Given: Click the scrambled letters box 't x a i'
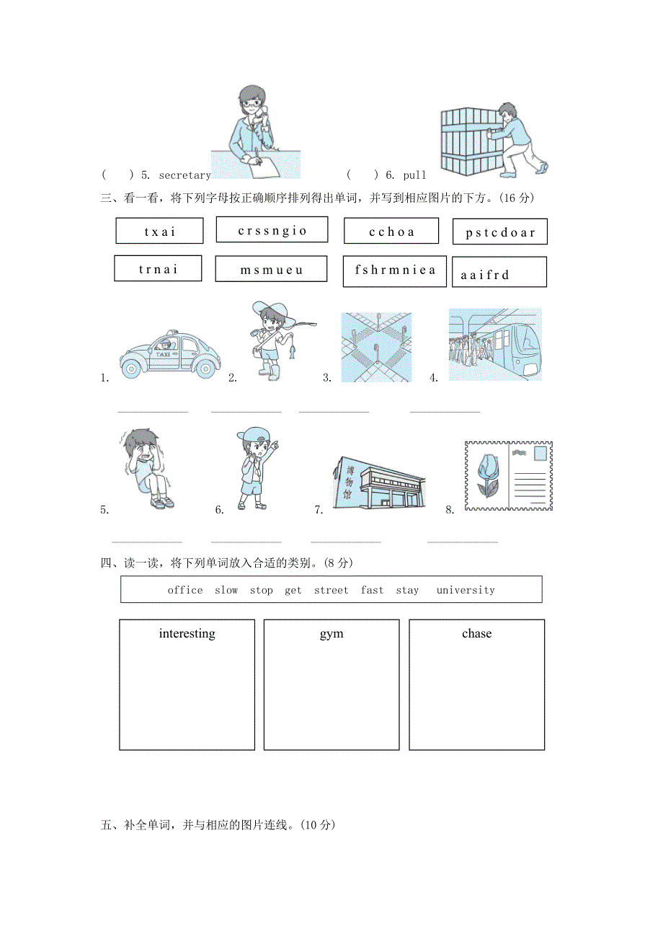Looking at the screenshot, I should click(x=159, y=232).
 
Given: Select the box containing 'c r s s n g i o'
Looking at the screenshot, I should click(x=272, y=230).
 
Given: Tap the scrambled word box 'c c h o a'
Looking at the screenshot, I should click(x=391, y=232).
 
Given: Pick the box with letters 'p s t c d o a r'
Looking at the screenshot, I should click(x=499, y=232).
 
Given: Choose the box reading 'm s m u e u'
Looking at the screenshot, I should click(x=271, y=270).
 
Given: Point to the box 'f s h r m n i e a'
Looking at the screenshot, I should click(x=395, y=270).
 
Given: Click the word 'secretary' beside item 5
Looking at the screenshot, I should click(x=184, y=175).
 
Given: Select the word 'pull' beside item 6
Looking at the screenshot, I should click(x=415, y=175).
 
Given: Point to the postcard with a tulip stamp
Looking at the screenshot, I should click(x=508, y=476).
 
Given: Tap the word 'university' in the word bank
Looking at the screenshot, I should click(x=466, y=590).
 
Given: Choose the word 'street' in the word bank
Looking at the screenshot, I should click(x=331, y=590).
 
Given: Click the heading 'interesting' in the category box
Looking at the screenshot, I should click(x=187, y=634).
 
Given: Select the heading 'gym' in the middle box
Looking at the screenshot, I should click(x=331, y=634).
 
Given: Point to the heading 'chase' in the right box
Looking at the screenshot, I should click(x=476, y=634).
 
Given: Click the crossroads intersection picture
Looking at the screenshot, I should click(x=376, y=347).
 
